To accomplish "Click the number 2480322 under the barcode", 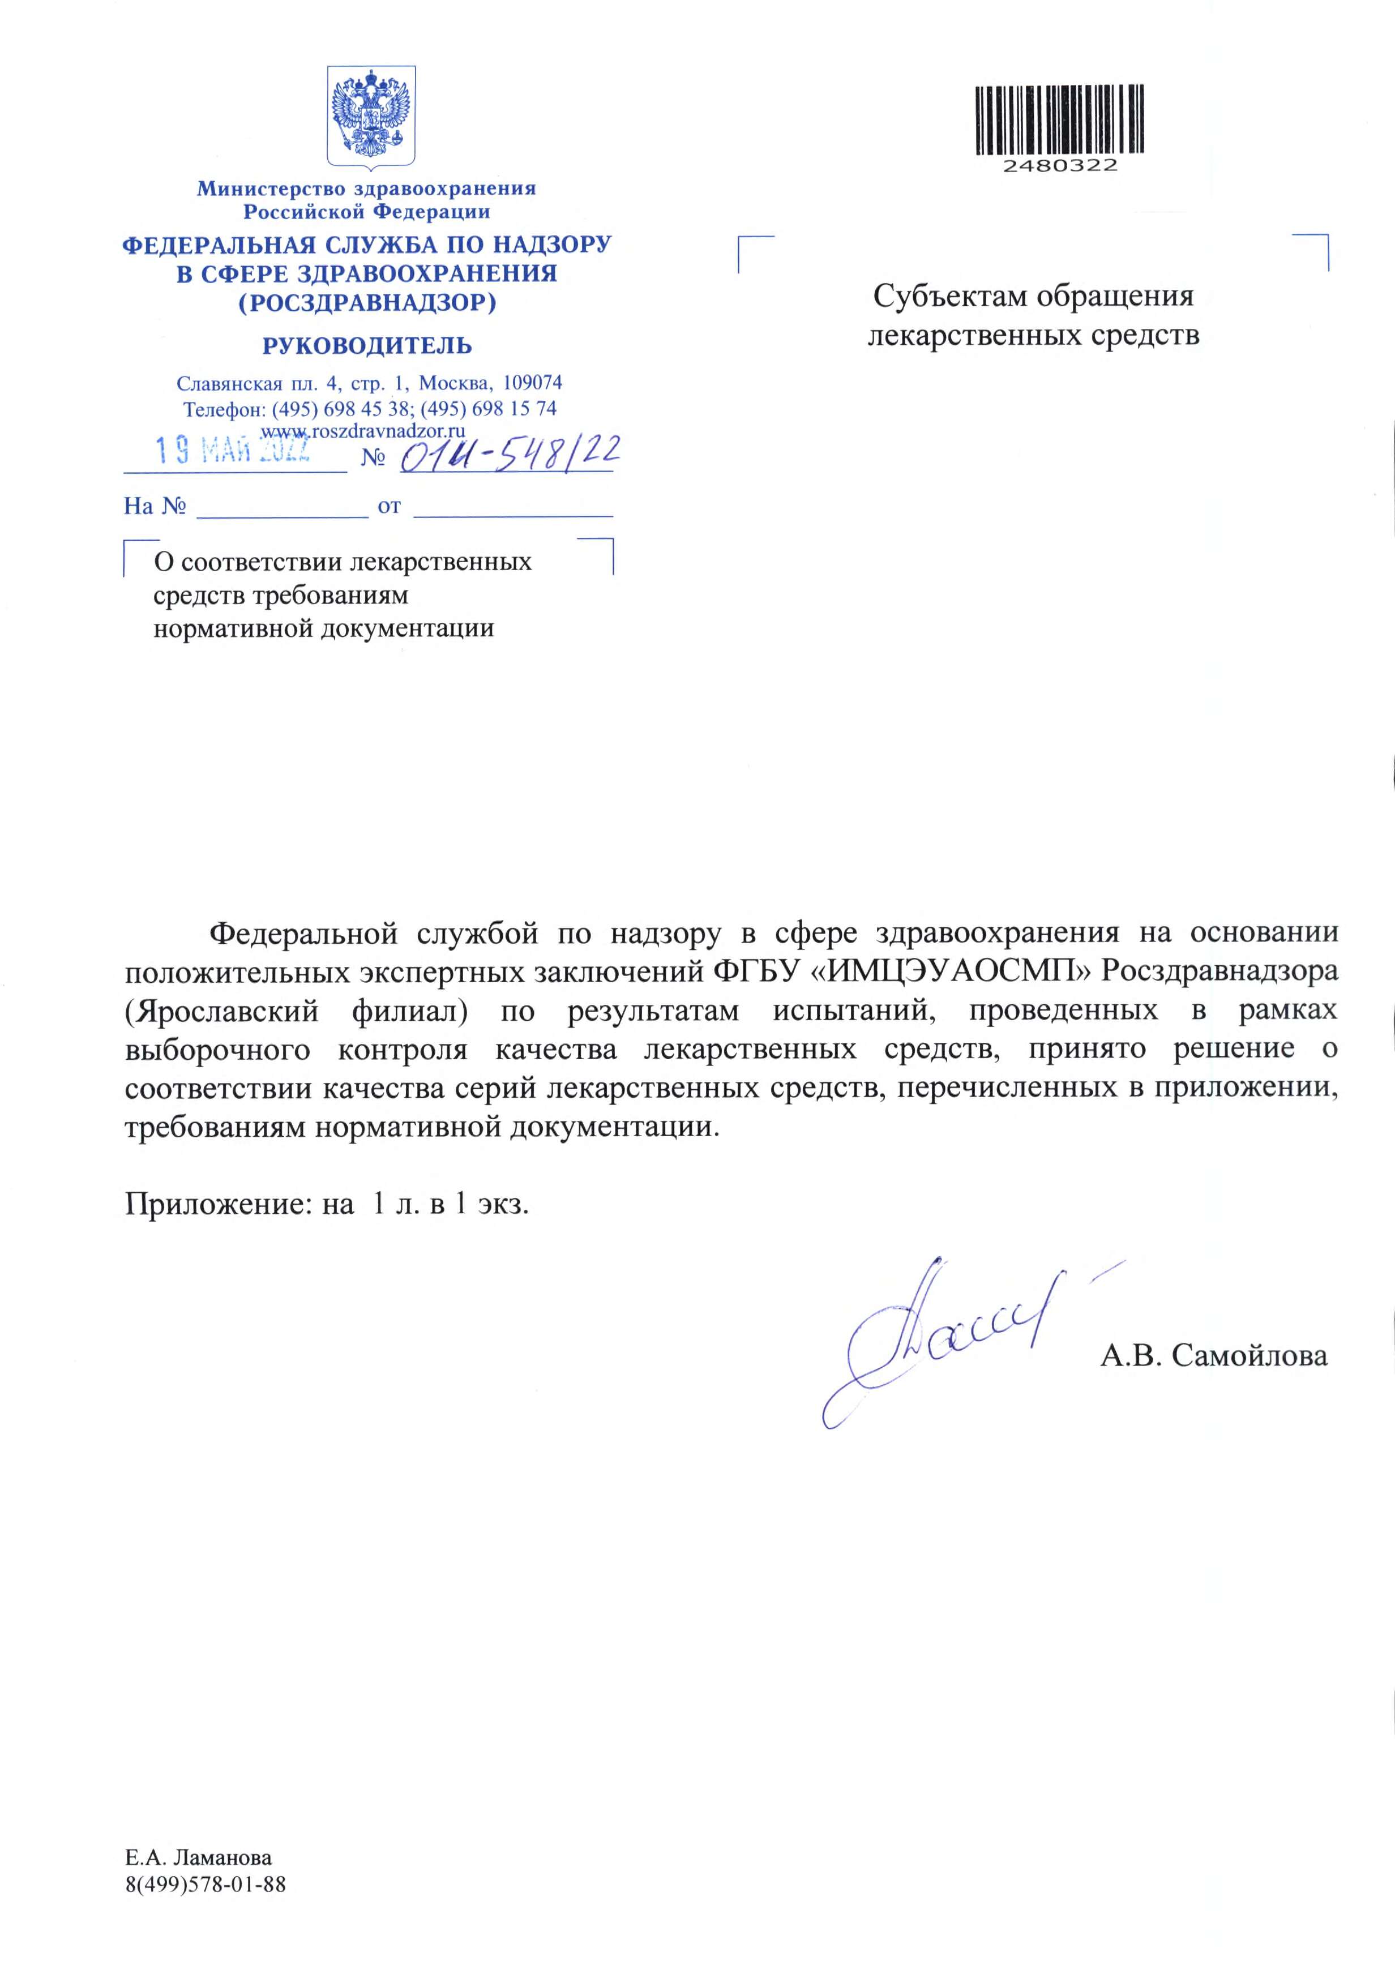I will (1059, 165).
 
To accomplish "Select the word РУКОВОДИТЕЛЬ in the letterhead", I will (367, 346).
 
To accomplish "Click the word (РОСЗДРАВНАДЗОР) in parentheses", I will (367, 303).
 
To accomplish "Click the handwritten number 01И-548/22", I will (510, 452).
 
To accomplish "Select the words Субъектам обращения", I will (1033, 296).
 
